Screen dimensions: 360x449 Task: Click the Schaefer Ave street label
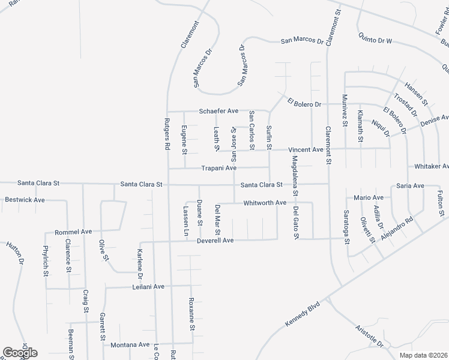pos(218,112)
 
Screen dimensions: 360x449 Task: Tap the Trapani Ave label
pos(218,168)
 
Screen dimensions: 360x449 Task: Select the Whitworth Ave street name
pos(265,203)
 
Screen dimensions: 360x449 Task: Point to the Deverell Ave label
pos(215,241)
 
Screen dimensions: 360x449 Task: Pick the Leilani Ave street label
pos(148,287)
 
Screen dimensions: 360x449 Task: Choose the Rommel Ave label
pos(73,231)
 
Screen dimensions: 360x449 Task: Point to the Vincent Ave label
pos(306,149)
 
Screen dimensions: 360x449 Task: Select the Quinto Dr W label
pos(375,41)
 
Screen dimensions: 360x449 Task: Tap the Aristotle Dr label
pos(369,337)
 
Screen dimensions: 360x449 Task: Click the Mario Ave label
pos(369,197)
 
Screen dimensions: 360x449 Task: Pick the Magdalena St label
pos(294,176)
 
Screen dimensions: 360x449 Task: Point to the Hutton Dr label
pos(15,253)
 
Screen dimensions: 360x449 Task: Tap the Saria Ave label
pos(411,186)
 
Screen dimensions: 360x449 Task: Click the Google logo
pos(20,353)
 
